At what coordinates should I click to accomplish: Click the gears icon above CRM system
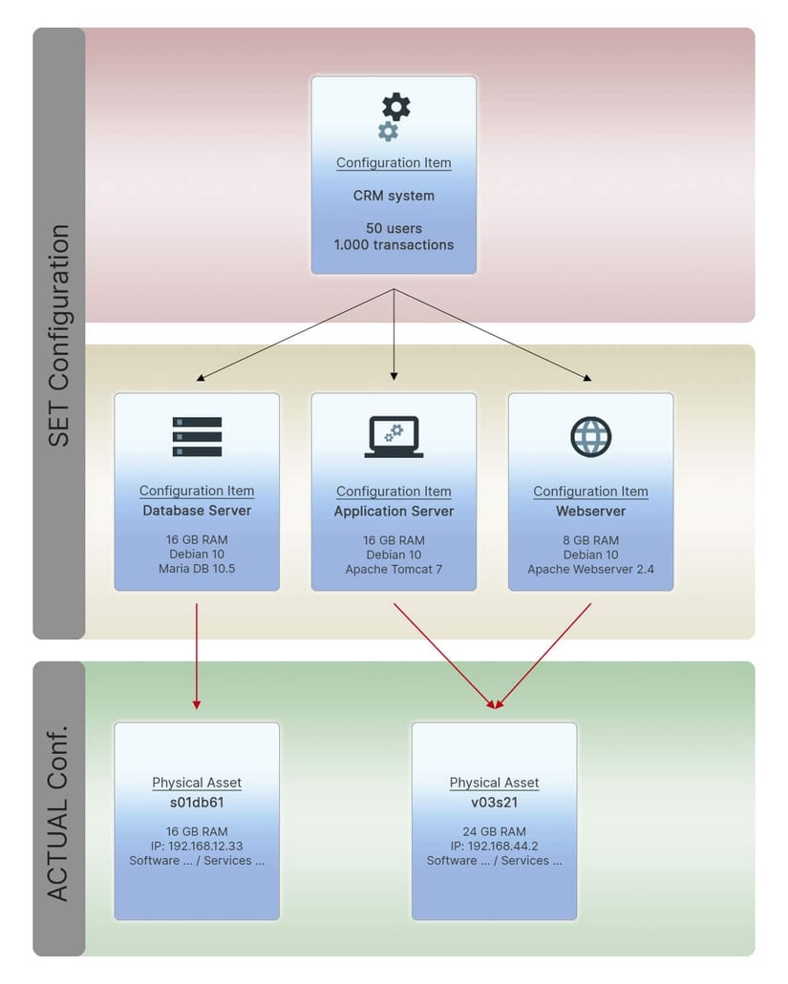pyautogui.click(x=394, y=116)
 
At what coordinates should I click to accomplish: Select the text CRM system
pyautogui.click(x=394, y=196)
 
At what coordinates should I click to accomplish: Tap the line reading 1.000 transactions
pyautogui.click(x=394, y=244)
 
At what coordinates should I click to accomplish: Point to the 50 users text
pyautogui.click(x=394, y=228)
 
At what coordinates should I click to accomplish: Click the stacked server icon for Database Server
pyautogui.click(x=197, y=436)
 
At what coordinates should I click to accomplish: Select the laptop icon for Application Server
pyautogui.click(x=394, y=436)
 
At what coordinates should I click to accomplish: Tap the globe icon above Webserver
pyautogui.click(x=590, y=436)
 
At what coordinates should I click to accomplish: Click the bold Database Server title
pyautogui.click(x=197, y=511)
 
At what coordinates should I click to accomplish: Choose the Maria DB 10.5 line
pyautogui.click(x=197, y=569)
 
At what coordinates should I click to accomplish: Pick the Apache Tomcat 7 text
pyautogui.click(x=394, y=570)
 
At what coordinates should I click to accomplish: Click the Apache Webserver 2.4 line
pyautogui.click(x=590, y=570)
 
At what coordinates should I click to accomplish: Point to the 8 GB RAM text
pyautogui.click(x=590, y=539)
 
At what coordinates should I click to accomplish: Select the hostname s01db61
pyautogui.click(x=197, y=803)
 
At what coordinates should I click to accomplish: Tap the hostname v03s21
pyautogui.click(x=494, y=803)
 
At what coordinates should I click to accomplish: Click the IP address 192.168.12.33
pyautogui.click(x=197, y=846)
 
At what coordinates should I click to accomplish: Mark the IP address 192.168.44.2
pyautogui.click(x=494, y=846)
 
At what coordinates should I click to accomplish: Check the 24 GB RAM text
pyautogui.click(x=494, y=831)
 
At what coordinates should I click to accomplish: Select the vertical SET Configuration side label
pyautogui.click(x=59, y=335)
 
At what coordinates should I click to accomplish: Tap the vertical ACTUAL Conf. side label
pyautogui.click(x=59, y=810)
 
